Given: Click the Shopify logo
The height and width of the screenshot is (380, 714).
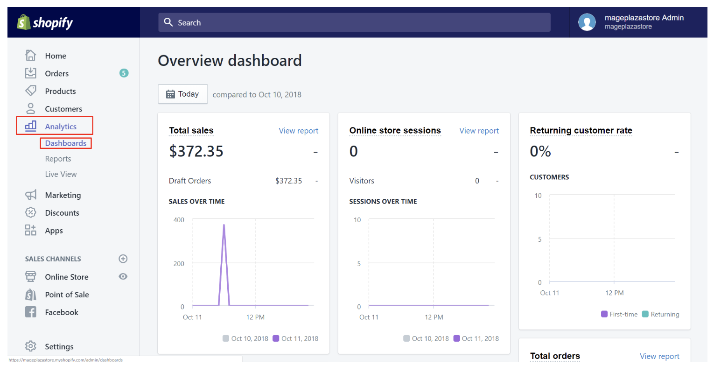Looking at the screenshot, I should point(45,22).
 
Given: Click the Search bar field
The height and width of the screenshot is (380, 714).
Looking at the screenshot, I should point(355,22).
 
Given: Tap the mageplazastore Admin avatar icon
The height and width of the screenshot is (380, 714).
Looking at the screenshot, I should point(587,22).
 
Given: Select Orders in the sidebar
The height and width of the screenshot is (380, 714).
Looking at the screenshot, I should point(56,73).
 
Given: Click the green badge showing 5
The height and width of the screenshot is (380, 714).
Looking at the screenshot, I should point(124,73).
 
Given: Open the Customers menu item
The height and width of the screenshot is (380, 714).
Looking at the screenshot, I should point(63,109).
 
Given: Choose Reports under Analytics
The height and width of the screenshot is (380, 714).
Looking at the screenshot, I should point(58,159).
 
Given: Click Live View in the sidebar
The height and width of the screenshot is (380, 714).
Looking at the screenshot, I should point(61,174).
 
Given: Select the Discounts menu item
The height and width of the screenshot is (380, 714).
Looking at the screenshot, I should point(62,213).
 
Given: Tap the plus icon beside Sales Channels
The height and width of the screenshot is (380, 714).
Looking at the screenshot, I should point(123,259).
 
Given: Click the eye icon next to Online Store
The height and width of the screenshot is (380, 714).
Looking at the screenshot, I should point(123,276).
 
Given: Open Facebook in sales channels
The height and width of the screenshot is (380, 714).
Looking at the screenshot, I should point(61,312).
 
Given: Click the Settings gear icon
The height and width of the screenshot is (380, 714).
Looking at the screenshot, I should point(31,346).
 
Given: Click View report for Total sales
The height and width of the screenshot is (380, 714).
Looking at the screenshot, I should point(298,131).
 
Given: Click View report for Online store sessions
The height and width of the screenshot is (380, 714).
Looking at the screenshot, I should point(479,131).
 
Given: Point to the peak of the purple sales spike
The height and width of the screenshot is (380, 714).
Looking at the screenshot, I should point(224,225).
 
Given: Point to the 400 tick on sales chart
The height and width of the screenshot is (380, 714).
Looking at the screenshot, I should point(179,220).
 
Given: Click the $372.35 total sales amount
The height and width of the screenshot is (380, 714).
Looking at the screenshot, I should point(196,151).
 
